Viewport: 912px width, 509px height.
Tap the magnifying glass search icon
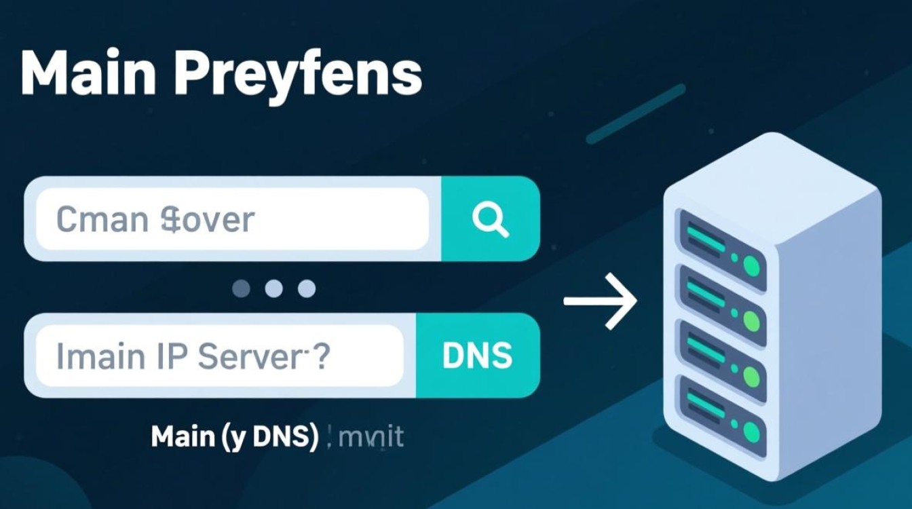490,219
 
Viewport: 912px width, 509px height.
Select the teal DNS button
477,356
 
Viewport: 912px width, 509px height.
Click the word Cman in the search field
100,219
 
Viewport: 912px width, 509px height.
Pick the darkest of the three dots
242,289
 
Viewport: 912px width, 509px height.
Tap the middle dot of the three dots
273,289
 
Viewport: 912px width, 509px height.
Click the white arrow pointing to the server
600,301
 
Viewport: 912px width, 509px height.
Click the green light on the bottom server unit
752,431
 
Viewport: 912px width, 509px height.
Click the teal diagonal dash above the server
635,114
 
